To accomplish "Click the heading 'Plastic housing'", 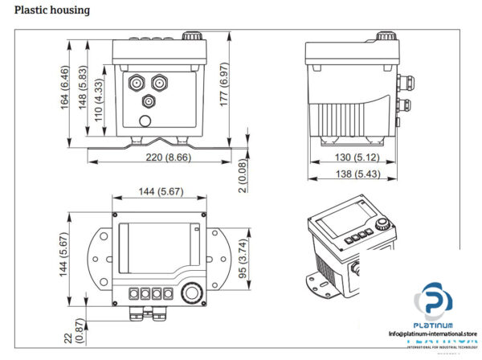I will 51,10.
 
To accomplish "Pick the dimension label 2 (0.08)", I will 243,176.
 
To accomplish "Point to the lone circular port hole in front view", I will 145,121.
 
